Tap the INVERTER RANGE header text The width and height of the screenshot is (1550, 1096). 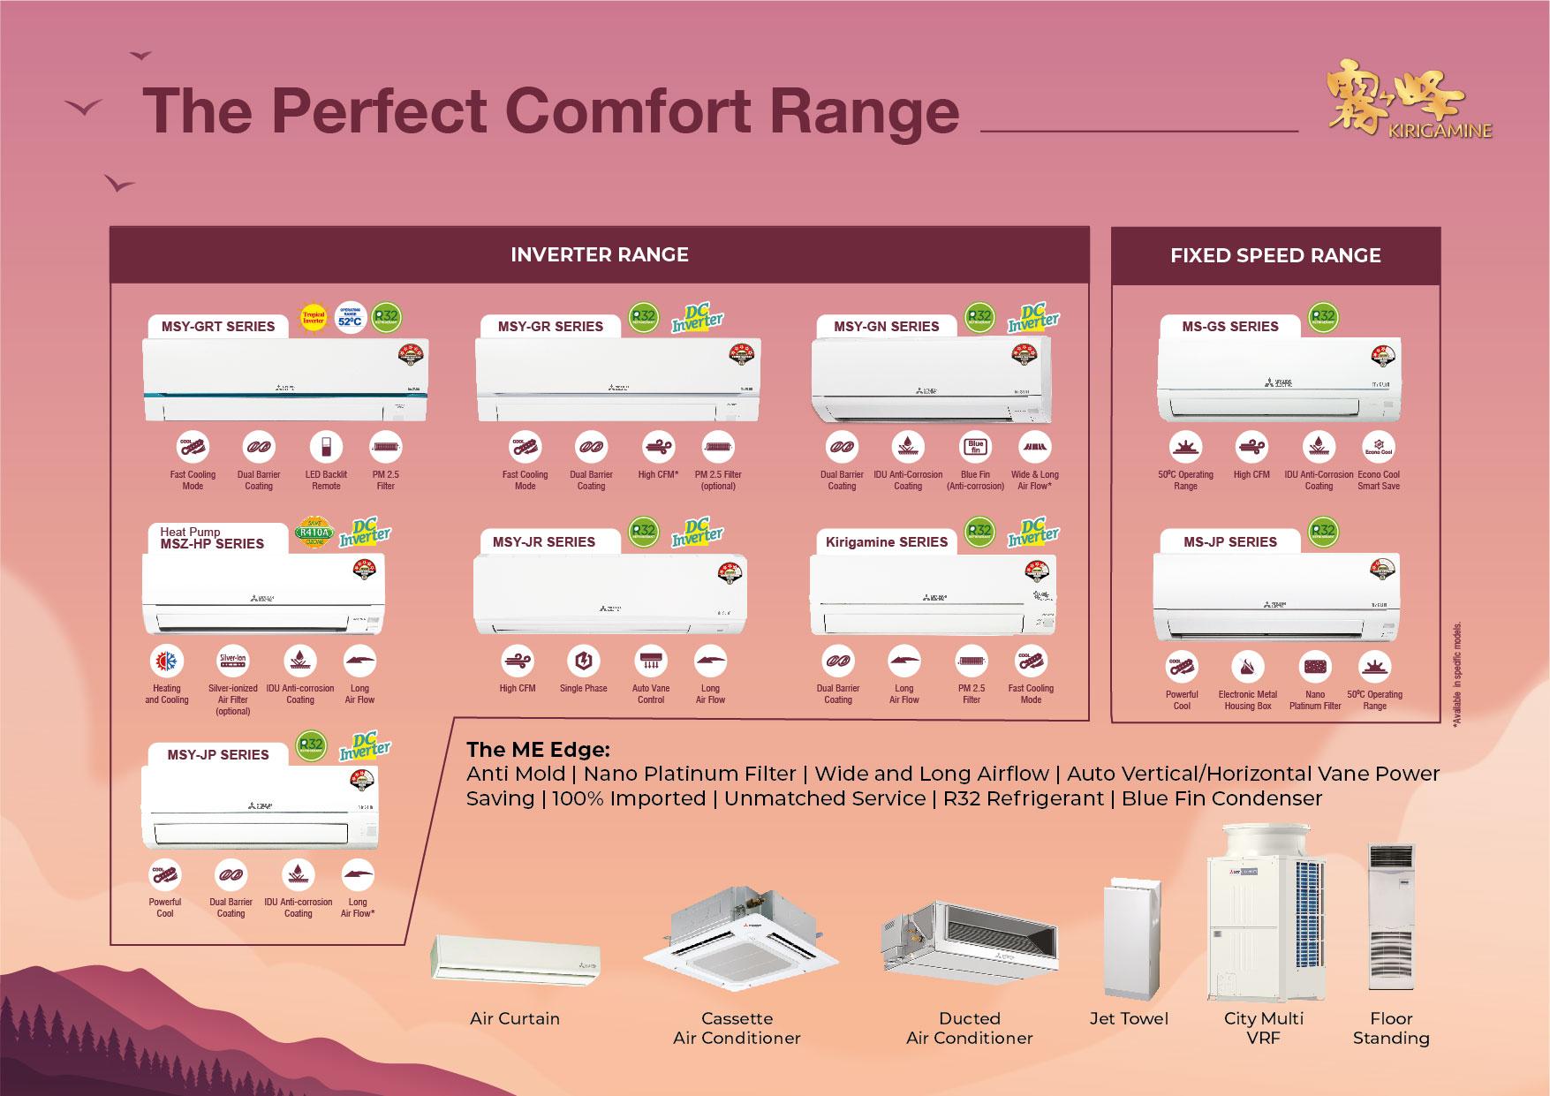click(599, 255)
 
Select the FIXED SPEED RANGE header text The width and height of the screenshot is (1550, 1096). click(1274, 256)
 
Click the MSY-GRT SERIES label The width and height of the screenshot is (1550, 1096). click(218, 327)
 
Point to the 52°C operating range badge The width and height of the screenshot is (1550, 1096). click(350, 318)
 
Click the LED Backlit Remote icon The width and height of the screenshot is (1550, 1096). click(326, 447)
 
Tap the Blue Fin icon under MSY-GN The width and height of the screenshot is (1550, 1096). click(975, 447)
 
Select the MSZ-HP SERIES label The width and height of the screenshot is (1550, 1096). click(212, 543)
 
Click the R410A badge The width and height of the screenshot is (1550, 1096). click(313, 532)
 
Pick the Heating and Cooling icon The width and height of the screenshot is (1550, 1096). click(167, 661)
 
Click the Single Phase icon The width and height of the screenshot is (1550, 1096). click(583, 661)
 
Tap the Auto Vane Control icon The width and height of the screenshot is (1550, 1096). click(651, 661)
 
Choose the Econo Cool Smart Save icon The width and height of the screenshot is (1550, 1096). click(1379, 447)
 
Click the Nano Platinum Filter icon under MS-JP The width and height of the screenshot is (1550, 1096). click(1315, 667)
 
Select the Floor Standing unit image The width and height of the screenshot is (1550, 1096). click(1391, 917)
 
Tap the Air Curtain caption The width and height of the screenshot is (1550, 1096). click(515, 1019)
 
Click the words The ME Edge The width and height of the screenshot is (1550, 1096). click(538, 750)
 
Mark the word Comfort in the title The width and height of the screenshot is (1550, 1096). click(628, 112)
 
